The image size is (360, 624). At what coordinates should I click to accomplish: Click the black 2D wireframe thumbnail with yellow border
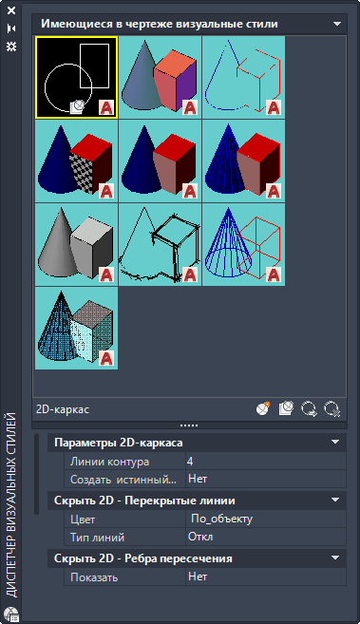coord(76,78)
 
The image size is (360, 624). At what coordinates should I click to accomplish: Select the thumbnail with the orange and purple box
coord(160,78)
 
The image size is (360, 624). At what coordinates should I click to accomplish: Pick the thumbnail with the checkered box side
coord(76,161)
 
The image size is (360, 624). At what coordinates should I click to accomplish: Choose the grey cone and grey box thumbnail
coord(76,245)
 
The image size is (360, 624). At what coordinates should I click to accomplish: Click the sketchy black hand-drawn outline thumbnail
coord(160,245)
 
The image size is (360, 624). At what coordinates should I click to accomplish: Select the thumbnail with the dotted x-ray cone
coord(76,329)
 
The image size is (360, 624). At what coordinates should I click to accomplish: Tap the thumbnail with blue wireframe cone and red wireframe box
coord(243,245)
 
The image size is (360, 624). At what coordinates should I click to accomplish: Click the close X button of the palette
coord(11,10)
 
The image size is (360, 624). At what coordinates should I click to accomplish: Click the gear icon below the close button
coord(11,47)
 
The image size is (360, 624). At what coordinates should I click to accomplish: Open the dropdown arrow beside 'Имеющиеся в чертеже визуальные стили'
coord(337,24)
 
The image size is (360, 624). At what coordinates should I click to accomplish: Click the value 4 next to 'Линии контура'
coord(190,462)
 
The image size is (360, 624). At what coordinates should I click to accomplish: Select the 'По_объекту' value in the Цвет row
coord(221,519)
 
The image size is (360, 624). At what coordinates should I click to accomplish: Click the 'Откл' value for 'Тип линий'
coord(200,537)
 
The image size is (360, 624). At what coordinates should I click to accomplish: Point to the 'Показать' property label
coord(94,577)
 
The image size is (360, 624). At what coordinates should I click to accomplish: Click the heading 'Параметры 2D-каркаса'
coord(119,443)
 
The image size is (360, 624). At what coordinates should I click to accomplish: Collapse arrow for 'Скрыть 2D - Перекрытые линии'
coord(335,500)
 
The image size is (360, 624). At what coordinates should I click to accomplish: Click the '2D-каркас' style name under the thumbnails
coord(63,409)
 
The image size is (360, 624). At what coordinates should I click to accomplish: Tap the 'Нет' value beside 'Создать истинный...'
coord(198,479)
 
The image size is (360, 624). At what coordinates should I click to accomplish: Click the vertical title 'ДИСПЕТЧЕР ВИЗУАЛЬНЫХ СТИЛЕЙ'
coord(12,505)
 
